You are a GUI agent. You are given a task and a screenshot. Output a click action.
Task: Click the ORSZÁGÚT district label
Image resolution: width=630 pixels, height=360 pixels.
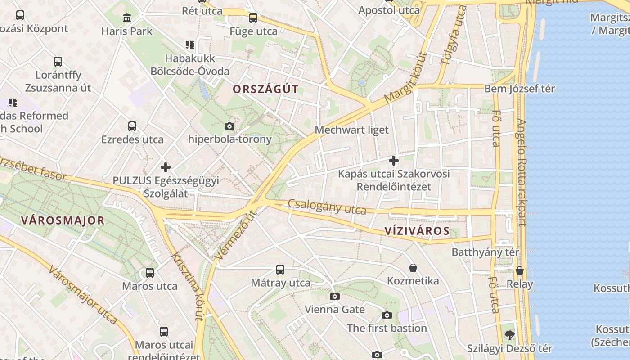[x=265, y=89]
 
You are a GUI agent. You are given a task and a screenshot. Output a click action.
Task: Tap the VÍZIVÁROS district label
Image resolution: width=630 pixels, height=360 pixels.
[x=417, y=231]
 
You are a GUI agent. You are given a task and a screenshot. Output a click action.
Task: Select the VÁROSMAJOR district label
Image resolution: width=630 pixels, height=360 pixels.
[x=63, y=220]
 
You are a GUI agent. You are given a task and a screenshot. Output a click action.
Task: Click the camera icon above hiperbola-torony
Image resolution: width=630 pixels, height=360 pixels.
[x=229, y=126]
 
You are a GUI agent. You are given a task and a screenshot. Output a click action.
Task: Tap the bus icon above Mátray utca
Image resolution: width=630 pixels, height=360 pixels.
[x=280, y=270]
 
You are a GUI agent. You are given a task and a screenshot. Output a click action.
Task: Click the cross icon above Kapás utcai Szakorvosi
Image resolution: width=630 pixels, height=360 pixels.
[x=394, y=160]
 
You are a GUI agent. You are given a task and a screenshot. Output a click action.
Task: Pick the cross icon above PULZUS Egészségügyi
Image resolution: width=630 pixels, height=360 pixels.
[x=166, y=167]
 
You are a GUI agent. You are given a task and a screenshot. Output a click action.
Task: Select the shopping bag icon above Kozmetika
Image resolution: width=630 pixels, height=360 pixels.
[x=413, y=268]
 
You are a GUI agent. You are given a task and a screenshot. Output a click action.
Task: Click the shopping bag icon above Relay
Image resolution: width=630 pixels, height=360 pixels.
[x=520, y=270]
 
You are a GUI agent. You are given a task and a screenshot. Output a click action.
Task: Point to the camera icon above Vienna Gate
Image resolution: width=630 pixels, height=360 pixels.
[x=335, y=296]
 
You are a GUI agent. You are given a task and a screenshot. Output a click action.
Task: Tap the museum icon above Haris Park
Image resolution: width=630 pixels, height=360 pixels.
[x=127, y=18]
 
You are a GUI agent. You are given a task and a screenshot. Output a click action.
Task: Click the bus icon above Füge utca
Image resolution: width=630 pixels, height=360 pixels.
[x=253, y=18]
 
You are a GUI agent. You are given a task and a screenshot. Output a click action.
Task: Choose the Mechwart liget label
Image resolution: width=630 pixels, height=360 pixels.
[x=351, y=130]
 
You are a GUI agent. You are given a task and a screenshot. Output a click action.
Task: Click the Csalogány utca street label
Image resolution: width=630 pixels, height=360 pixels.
[x=327, y=207]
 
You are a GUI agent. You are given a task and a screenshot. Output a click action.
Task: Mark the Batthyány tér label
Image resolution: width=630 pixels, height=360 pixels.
[x=485, y=252]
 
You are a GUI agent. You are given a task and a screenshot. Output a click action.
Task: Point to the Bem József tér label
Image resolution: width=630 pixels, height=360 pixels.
[x=519, y=89]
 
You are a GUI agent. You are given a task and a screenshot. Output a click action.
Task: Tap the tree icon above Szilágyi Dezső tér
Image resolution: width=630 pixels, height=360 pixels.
[x=509, y=335]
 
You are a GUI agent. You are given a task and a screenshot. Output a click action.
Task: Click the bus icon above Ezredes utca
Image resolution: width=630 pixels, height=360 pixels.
[x=132, y=126]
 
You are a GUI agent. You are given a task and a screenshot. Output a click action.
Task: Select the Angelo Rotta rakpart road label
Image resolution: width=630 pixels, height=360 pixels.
[x=521, y=172]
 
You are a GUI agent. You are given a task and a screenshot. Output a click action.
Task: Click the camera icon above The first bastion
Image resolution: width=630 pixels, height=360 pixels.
[x=387, y=315]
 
